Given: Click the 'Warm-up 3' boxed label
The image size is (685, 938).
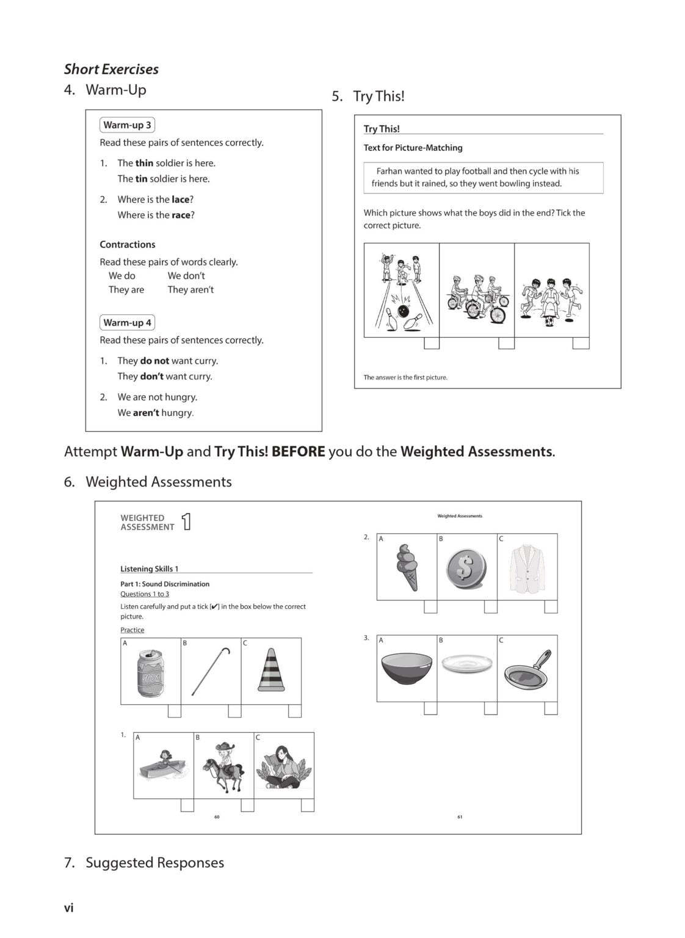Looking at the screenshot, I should point(127,125).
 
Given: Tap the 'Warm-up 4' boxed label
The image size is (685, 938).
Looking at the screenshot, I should point(127,322).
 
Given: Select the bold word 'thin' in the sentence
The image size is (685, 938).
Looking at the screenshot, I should point(144,163).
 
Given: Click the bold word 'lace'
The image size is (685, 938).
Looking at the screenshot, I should point(180,200).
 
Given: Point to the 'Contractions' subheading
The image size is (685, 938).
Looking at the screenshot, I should point(128,244).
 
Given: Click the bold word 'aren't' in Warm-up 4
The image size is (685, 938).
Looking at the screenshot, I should point(146,413).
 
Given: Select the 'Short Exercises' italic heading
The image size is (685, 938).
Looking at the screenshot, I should point(111,70).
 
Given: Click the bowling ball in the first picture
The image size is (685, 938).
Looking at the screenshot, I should point(404,311).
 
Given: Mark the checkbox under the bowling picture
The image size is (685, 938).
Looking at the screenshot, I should point(432,343).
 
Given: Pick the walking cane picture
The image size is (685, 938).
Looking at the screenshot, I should point(211,671).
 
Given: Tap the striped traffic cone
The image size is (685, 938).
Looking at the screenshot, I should point(271,670).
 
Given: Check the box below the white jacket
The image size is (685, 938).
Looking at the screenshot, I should point(551,606).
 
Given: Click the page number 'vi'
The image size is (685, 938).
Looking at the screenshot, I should point(69,908).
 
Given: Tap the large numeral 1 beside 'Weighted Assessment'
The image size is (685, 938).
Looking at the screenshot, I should point(186,522).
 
